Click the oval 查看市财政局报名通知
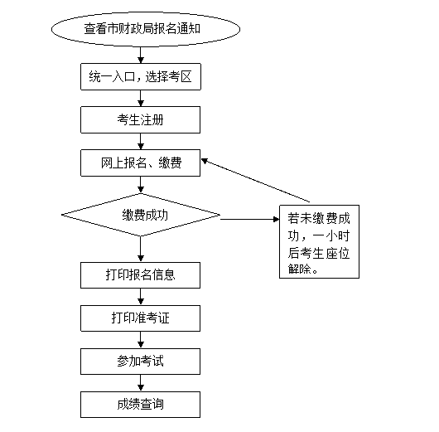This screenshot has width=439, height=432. click(x=146, y=29)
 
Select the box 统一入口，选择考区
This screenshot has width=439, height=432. click(x=141, y=77)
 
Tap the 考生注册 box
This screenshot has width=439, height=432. click(x=140, y=119)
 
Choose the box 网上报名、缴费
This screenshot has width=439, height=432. click(x=140, y=163)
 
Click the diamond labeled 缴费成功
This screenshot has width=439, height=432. click(x=141, y=215)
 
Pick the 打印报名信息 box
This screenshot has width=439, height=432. click(x=140, y=275)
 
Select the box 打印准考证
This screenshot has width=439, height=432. click(x=140, y=318)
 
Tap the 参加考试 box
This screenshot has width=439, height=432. click(x=140, y=362)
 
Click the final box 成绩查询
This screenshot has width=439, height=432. click(x=140, y=405)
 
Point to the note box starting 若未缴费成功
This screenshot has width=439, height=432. click(x=319, y=241)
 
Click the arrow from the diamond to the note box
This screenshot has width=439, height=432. click(x=250, y=219)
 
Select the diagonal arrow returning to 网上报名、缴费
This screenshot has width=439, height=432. click(x=256, y=180)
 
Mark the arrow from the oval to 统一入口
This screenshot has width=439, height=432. click(x=141, y=55)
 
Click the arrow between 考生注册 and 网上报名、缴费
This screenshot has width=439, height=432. click(x=141, y=141)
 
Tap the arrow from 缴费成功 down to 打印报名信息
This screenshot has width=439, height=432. click(x=141, y=250)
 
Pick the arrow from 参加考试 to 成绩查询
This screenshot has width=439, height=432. click(x=141, y=383)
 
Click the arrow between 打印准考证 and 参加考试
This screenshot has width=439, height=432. click(x=141, y=340)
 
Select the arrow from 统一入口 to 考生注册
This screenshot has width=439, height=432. click(x=141, y=98)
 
